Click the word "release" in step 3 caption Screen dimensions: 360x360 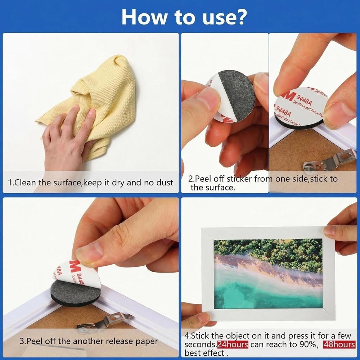(x=114, y=341)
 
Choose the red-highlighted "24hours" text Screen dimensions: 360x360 (x=233, y=345)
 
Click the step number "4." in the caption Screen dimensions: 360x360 (x=187, y=336)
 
